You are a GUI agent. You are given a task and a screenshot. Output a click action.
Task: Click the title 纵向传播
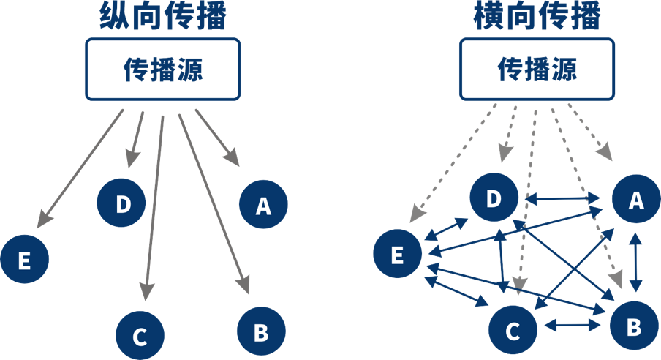tap(164, 17)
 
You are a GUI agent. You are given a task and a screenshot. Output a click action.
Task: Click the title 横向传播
tap(537, 17)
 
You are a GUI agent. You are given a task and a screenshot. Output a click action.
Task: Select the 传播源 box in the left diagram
tap(163, 70)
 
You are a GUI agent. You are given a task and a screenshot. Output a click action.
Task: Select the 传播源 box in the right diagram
tap(537, 70)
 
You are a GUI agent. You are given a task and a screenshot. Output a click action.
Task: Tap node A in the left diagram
tap(263, 205)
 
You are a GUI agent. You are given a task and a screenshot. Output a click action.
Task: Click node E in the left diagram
tap(24, 259)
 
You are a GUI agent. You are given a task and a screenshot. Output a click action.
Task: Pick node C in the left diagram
tap(140, 335)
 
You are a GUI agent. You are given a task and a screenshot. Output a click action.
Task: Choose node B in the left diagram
tap(261, 331)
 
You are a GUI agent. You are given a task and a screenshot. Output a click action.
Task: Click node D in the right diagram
tap(494, 198)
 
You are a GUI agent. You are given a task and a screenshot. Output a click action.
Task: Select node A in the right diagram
tap(635, 200)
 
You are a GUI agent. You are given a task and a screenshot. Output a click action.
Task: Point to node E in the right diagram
tap(397, 255)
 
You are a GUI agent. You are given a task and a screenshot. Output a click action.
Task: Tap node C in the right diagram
tap(513, 331)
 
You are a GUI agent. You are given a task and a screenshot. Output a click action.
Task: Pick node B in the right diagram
tap(633, 325)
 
